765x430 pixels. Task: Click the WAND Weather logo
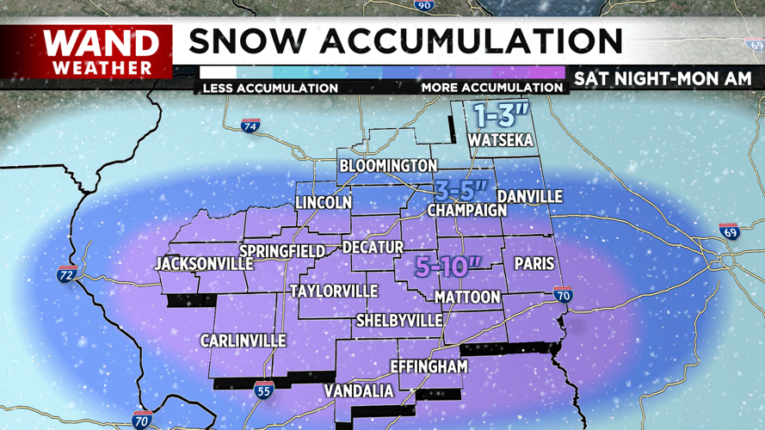tap(101, 52)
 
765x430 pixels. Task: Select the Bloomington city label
tap(388, 165)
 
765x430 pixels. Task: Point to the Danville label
tap(529, 197)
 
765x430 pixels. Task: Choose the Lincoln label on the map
tap(324, 203)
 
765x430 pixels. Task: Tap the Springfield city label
tap(281, 250)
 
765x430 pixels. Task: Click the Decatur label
tap(373, 248)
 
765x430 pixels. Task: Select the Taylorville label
tap(334, 291)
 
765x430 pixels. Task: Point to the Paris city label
tap(533, 264)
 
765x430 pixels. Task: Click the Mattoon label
tap(467, 297)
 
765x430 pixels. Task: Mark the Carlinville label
tap(243, 341)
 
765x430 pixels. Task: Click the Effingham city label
tap(429, 366)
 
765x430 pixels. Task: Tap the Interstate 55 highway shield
tap(264, 391)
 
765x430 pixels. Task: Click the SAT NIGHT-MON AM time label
tap(663, 78)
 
